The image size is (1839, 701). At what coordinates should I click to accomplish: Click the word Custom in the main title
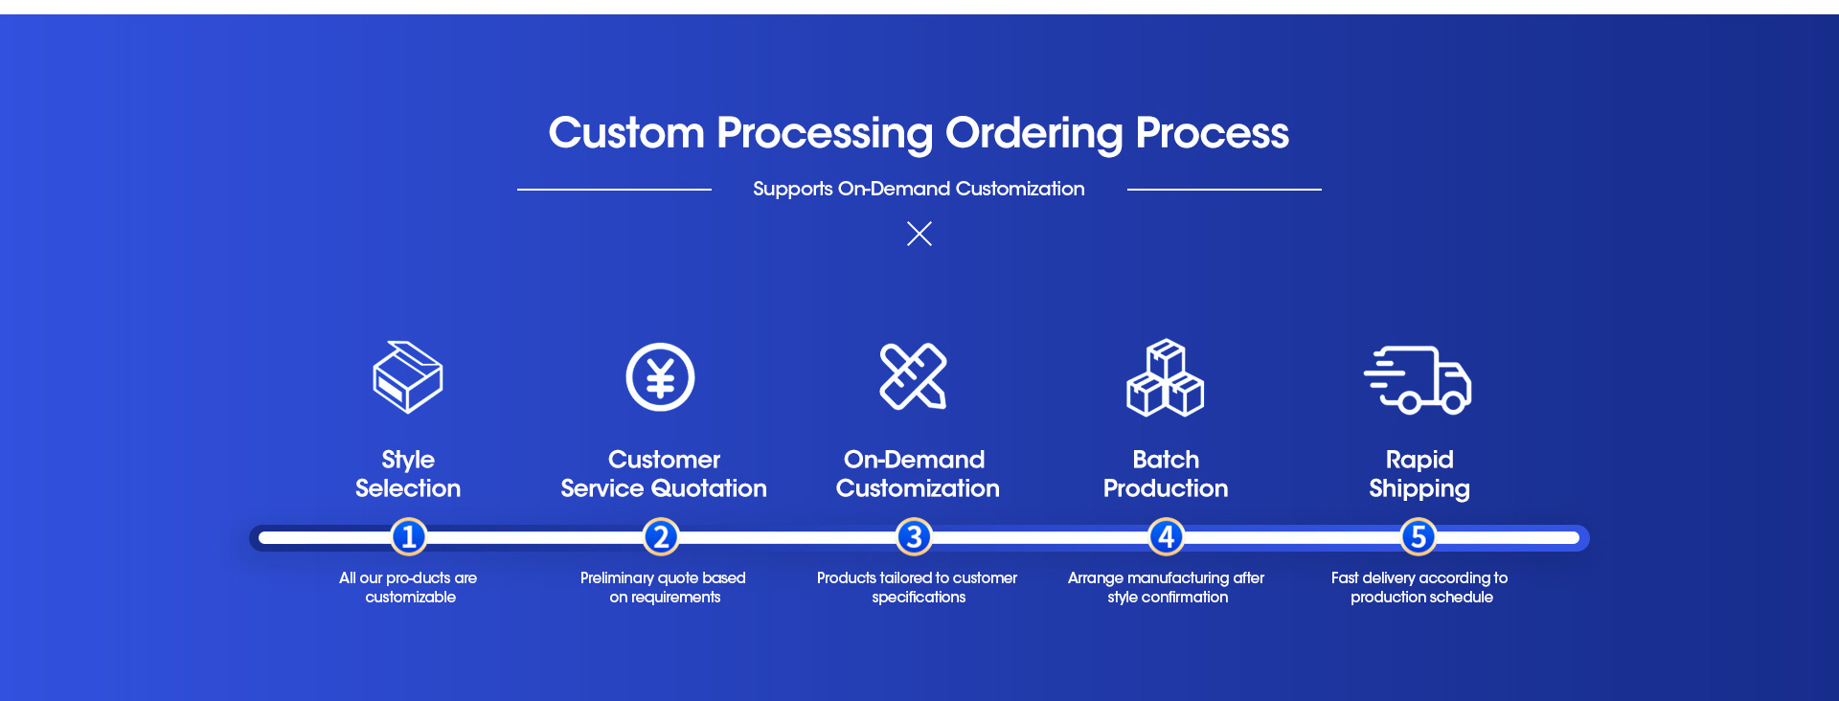(x=626, y=133)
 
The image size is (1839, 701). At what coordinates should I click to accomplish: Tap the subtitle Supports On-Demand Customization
(x=919, y=189)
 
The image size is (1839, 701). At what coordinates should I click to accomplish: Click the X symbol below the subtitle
(x=919, y=234)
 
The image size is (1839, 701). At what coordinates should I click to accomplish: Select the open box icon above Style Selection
(x=408, y=377)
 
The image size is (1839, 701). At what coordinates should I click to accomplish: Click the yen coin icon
(x=660, y=377)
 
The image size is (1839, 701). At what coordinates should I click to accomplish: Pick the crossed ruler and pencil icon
(x=914, y=376)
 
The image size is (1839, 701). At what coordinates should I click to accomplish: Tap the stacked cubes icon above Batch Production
(x=1165, y=378)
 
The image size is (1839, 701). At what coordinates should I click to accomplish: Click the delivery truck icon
(x=1419, y=380)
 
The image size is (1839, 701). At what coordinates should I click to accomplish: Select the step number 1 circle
(x=408, y=537)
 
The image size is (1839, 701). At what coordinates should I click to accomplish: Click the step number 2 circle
(x=661, y=537)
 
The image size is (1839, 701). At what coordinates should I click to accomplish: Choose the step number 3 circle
(x=914, y=537)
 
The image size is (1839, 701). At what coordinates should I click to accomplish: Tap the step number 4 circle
(x=1166, y=537)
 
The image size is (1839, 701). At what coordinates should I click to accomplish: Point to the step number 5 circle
(x=1419, y=537)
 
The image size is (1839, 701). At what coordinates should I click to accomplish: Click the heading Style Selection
(x=408, y=474)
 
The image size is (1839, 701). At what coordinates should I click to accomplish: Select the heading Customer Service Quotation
(x=664, y=474)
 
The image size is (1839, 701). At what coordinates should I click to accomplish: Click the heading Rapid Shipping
(x=1419, y=474)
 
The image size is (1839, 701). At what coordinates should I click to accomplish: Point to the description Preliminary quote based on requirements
(x=663, y=587)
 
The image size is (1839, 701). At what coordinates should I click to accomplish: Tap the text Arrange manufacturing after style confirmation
(x=1166, y=587)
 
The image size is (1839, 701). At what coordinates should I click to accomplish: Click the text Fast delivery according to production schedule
(x=1419, y=587)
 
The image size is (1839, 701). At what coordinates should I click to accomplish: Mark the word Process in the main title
(x=1212, y=133)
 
